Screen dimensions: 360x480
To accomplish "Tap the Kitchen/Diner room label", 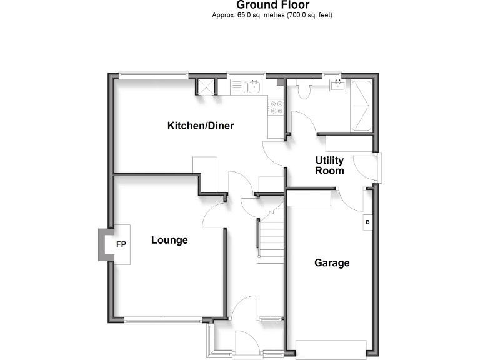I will coord(201,126).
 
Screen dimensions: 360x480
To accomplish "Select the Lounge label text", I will coord(169,240).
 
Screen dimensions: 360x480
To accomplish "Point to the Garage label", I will coord(331,263).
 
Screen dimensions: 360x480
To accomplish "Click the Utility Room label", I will coord(329,166).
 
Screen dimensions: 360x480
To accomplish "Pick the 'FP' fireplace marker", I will coord(121,244).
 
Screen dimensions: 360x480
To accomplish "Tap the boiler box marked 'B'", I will coord(367,222).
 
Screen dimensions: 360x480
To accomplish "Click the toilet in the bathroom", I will coord(304,90).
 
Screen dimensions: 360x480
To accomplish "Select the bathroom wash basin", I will coord(338,86).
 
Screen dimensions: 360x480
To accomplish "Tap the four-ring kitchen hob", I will coord(276,107).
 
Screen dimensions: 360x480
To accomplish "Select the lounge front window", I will coord(163,320).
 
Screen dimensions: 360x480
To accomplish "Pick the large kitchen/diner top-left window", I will coord(153,76).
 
